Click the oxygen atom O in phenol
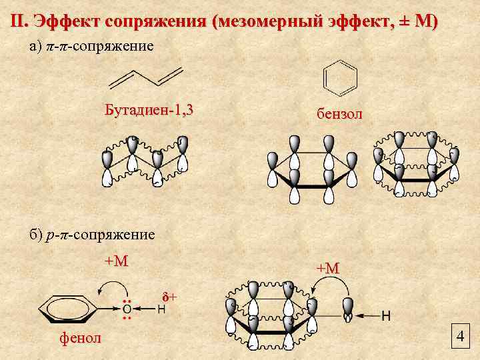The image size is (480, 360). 127,309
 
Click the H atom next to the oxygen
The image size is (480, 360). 161,309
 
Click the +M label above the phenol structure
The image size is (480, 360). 116,261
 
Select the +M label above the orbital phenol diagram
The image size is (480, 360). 328,267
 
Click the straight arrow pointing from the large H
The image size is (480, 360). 367,315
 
